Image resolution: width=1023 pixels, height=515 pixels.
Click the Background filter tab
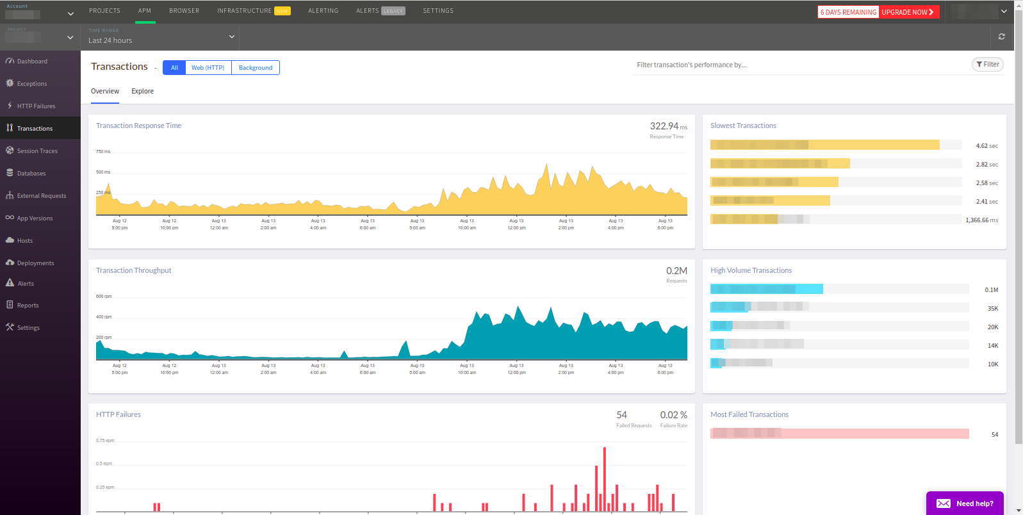click(x=255, y=68)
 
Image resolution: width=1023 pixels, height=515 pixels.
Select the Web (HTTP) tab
click(x=208, y=68)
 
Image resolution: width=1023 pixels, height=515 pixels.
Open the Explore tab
click(x=142, y=92)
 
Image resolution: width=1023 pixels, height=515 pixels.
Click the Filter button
click(x=987, y=65)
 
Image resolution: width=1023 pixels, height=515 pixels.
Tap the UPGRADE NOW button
click(x=908, y=12)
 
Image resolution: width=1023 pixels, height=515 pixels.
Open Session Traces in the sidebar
click(x=37, y=151)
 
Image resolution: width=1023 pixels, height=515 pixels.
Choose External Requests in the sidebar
click(x=41, y=196)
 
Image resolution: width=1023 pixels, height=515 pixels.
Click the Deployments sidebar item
click(x=35, y=263)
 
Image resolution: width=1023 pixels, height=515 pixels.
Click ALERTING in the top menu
click(x=323, y=11)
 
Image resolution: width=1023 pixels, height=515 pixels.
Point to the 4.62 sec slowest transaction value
click(x=986, y=146)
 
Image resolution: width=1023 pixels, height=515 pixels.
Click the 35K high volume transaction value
click(x=992, y=309)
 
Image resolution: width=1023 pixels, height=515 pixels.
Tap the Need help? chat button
click(x=965, y=503)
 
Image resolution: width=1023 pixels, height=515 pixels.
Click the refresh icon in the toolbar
click(x=1001, y=37)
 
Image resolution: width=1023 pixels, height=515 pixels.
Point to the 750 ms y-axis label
click(x=103, y=152)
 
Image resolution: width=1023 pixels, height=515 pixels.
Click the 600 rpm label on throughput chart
click(x=104, y=297)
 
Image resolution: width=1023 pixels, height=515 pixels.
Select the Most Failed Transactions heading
click(x=749, y=415)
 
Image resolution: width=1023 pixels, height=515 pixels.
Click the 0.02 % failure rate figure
click(x=673, y=415)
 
